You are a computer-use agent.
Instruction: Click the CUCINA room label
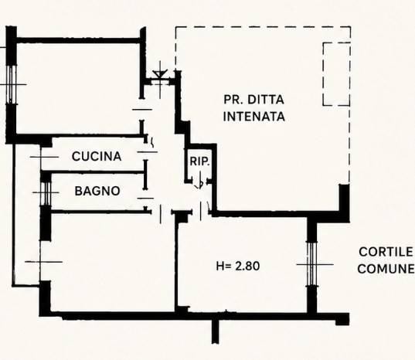97,156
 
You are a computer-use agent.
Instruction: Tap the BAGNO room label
97,191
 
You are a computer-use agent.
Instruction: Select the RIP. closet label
199,161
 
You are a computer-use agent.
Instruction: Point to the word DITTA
266,100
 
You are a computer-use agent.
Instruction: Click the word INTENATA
254,117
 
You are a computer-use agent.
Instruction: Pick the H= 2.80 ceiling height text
238,266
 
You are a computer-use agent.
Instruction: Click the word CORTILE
386,252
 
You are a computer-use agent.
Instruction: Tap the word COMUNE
386,269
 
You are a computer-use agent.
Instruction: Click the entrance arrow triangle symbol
160,74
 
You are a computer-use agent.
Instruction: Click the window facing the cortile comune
312,264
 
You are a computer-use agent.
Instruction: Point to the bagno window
46,193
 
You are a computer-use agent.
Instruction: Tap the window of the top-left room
11,84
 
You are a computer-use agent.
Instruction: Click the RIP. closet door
200,182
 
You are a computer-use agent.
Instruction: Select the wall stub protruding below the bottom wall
216,331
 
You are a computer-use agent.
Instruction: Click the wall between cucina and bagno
93,172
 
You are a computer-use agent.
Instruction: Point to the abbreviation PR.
231,100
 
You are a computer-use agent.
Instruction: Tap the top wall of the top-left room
78,40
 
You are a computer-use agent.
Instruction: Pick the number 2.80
247,266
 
